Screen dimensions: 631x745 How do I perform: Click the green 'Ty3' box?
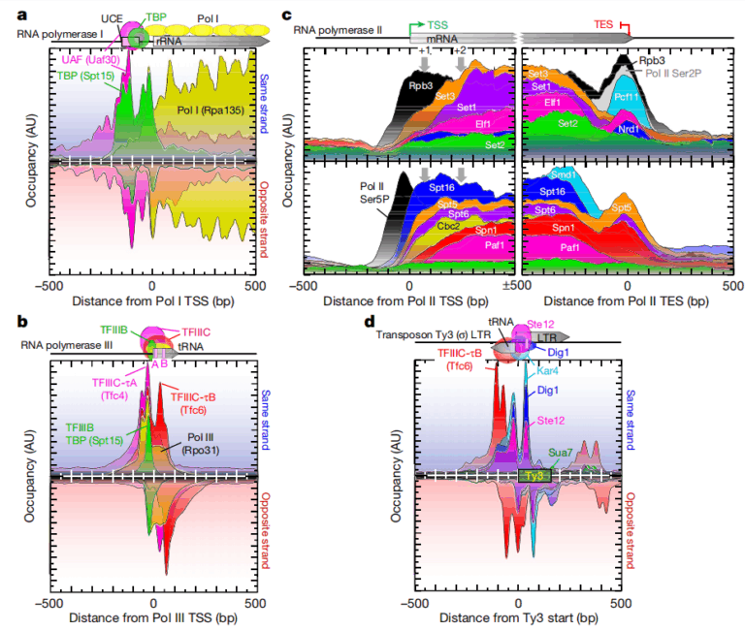tap(534, 475)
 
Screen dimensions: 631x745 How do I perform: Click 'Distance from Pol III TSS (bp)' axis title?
tap(153, 616)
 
